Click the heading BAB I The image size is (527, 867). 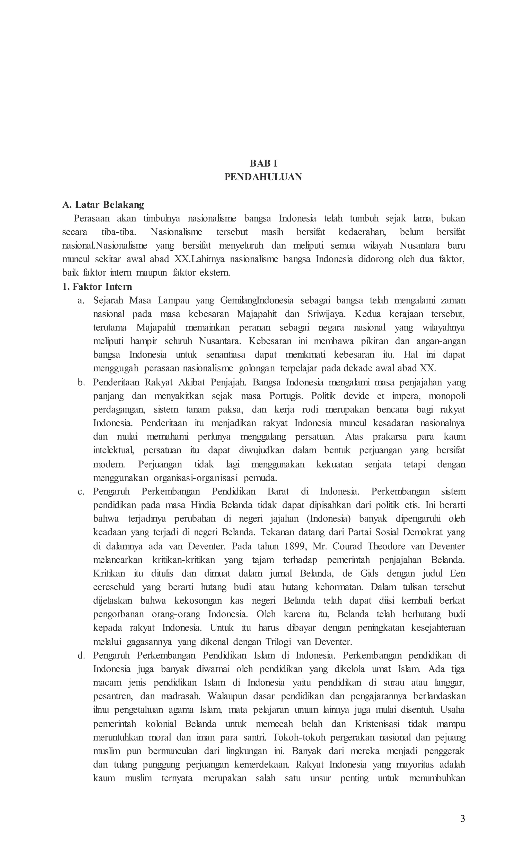click(263, 163)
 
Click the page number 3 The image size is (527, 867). click(462, 819)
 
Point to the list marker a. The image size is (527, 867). click(81, 300)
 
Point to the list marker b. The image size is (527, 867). click(81, 382)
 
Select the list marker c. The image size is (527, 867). click(81, 491)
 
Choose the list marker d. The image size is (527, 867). click(81, 655)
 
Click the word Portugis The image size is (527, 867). click(286, 396)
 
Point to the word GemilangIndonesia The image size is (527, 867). click(257, 300)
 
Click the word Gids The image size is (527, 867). click(369, 573)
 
